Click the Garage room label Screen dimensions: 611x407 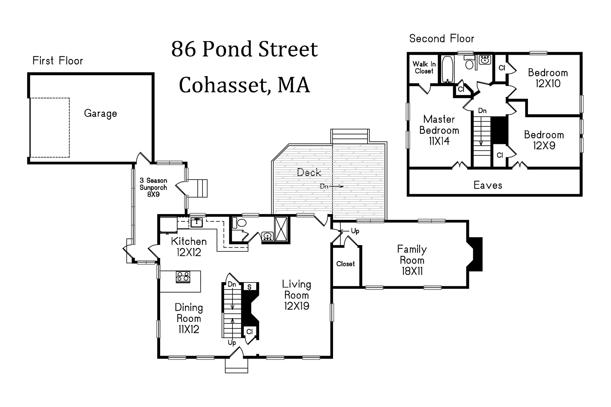101,114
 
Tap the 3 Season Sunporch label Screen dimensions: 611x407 153,187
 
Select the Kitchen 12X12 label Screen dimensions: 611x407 189,247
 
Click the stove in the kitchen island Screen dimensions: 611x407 183,277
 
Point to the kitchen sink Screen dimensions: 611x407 196,223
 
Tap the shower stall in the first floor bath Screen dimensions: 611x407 281,229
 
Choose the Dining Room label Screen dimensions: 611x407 189,318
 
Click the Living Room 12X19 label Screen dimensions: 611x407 297,295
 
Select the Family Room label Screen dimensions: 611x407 412,260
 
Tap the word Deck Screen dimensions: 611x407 309,173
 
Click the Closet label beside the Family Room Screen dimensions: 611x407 346,264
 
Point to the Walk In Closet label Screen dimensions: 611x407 424,67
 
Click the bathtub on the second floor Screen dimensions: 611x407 448,70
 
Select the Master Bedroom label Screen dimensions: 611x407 439,130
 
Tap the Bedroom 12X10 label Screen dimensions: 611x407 548,78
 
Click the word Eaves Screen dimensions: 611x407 488,185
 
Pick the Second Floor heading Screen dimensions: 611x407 442,39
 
